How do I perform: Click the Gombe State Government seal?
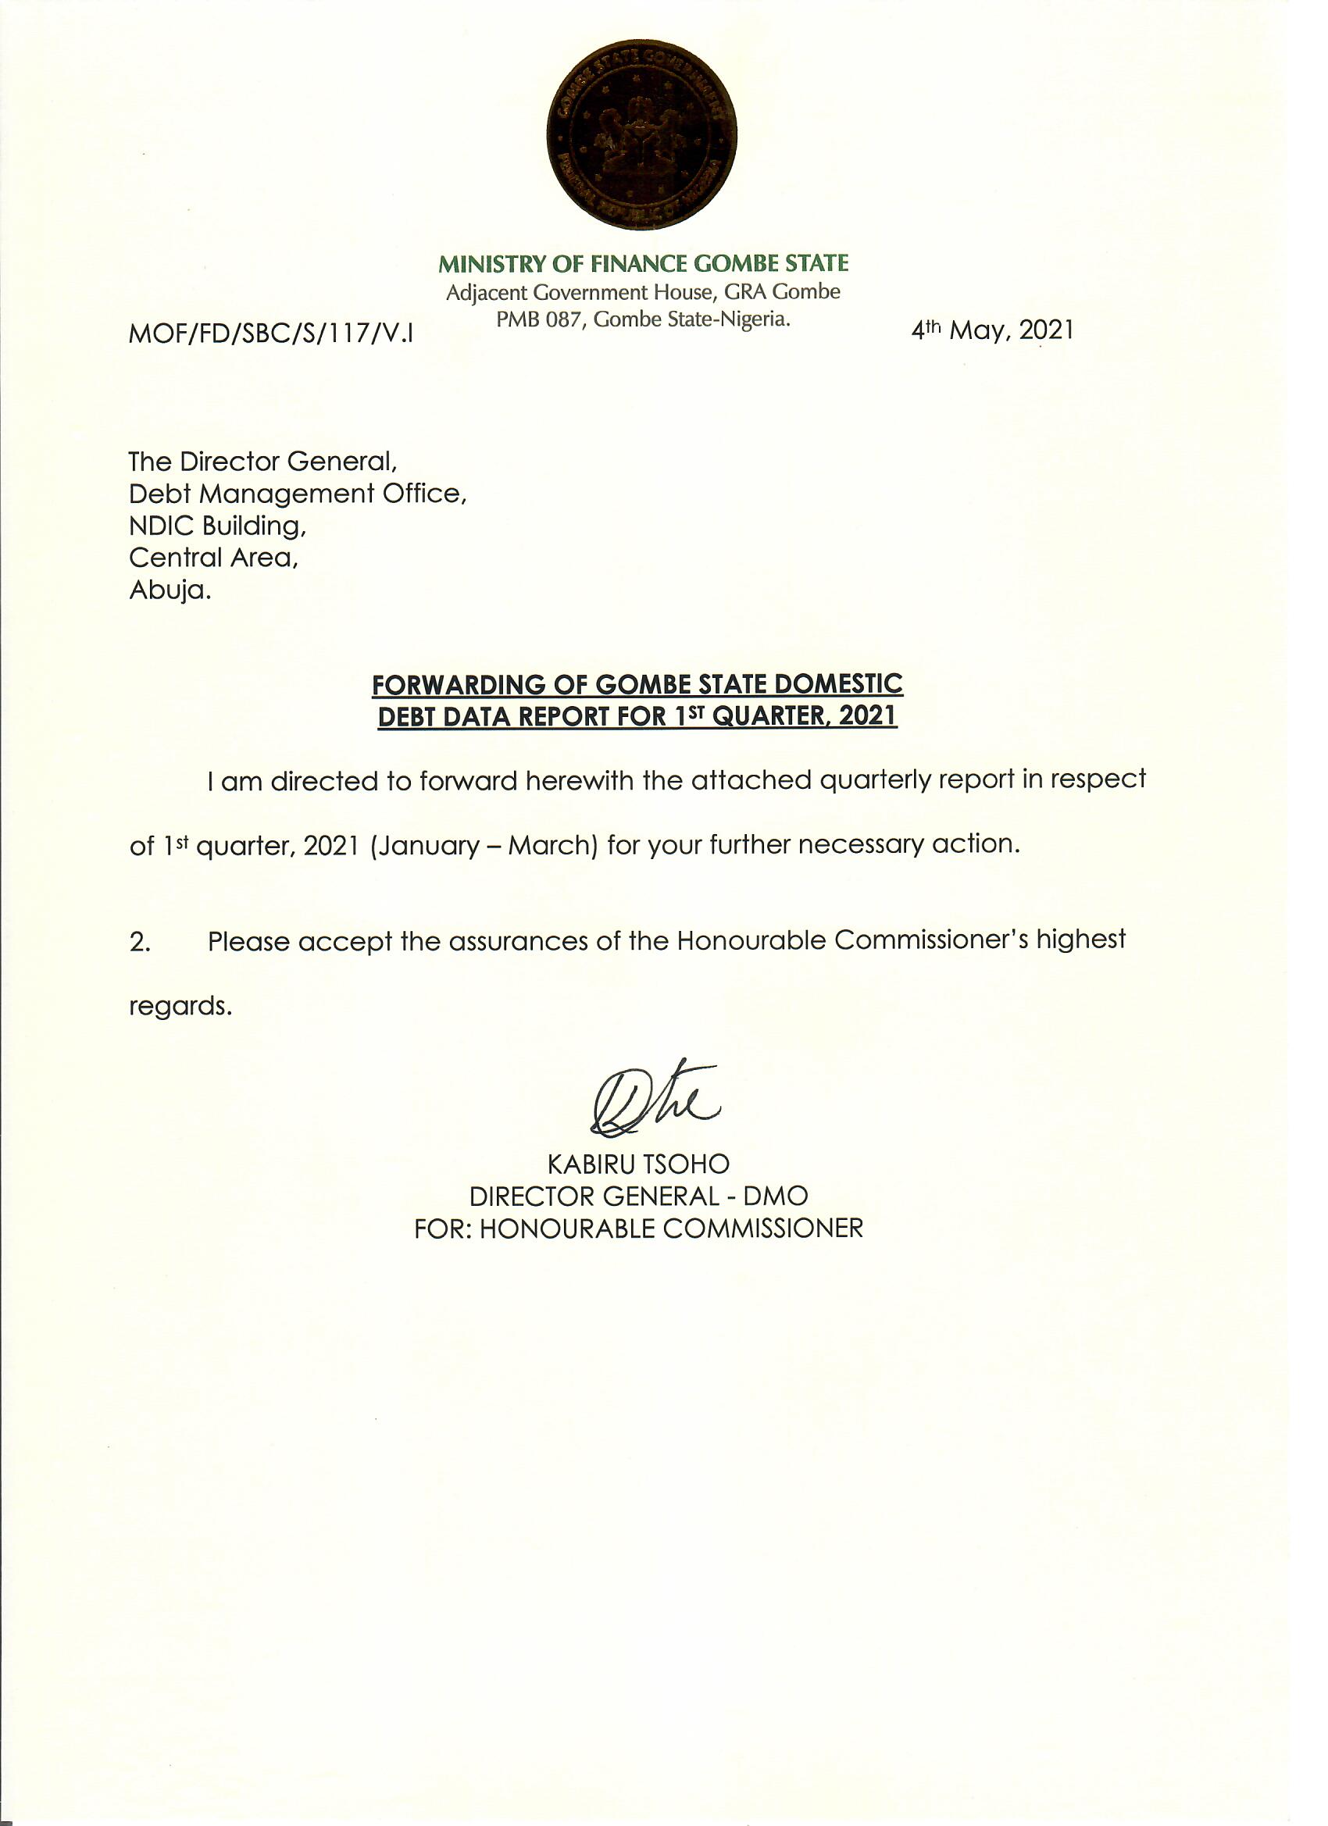pos(642,134)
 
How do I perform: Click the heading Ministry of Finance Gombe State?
pos(643,263)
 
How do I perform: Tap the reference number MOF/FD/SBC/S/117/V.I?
pos(271,331)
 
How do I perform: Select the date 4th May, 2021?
pos(992,330)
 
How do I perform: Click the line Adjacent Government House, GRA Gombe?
pos(643,291)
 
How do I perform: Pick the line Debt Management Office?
pos(298,494)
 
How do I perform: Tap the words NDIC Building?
pos(217,526)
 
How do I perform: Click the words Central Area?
pos(213,557)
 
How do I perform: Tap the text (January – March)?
pos(484,845)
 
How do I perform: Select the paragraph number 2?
pos(139,943)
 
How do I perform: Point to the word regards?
pos(180,1007)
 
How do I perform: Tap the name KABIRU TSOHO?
pos(639,1164)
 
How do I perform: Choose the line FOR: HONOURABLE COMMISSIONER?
pos(639,1229)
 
